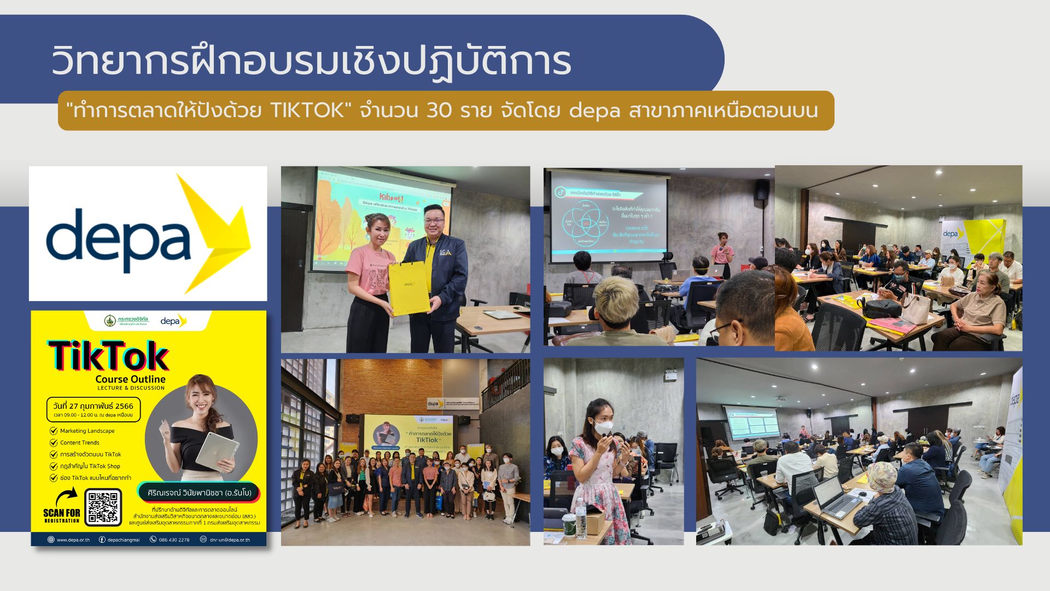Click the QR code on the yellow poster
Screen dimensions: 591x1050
tap(103, 507)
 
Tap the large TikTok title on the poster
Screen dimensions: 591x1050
tap(109, 356)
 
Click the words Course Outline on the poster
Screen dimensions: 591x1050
tap(130, 379)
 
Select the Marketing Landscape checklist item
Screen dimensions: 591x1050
tap(87, 431)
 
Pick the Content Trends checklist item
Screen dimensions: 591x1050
tap(79, 443)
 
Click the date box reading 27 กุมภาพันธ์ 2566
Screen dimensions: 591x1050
tap(94, 409)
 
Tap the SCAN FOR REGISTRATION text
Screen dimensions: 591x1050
tap(61, 515)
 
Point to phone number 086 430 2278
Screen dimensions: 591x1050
tap(173, 540)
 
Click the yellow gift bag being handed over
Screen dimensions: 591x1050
tap(409, 287)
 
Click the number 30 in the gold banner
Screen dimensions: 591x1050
tap(439, 111)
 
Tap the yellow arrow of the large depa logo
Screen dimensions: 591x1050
tap(214, 234)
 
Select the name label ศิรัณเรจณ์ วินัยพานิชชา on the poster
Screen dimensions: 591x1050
tap(199, 493)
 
